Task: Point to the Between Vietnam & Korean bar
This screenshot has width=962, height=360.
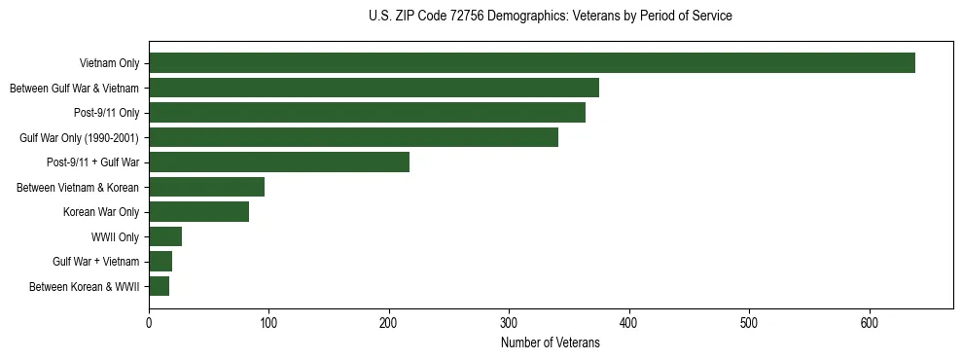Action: point(206,187)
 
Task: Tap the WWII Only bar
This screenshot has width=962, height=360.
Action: point(165,236)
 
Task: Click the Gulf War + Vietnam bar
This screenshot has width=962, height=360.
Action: point(160,262)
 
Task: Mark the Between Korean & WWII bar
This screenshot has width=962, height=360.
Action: point(159,286)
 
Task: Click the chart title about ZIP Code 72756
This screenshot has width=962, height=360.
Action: point(551,17)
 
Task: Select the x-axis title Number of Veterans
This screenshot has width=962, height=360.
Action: point(551,343)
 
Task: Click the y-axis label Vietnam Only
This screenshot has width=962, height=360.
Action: point(109,64)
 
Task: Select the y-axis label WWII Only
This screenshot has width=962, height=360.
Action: point(115,237)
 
